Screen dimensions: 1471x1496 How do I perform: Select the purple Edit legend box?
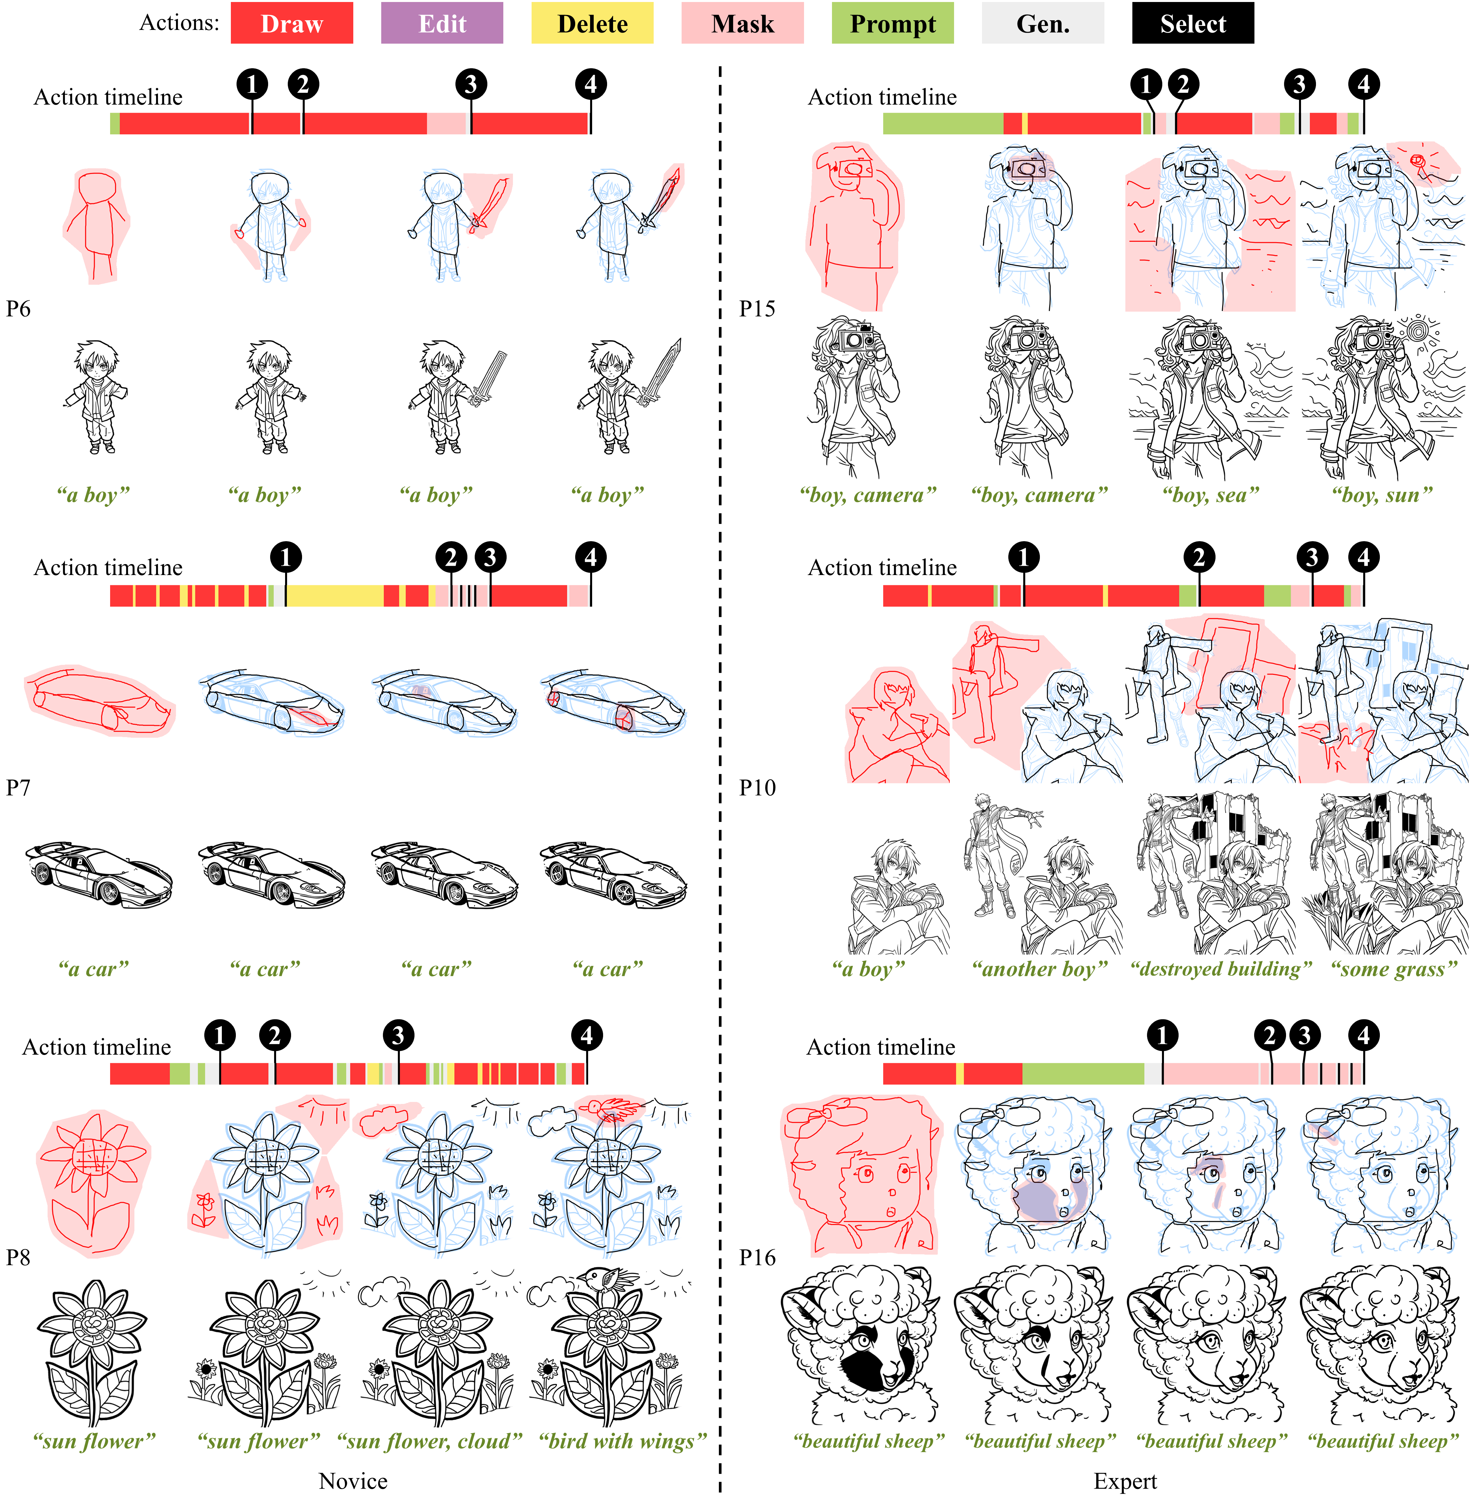click(442, 23)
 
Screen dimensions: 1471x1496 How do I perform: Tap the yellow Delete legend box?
click(592, 23)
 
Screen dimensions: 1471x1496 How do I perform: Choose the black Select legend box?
click(1193, 23)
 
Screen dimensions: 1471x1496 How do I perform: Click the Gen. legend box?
click(1043, 23)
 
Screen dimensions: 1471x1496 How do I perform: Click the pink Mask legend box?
click(742, 23)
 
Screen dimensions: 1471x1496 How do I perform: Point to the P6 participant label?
click(19, 309)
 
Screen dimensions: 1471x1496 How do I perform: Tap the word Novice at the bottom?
click(353, 1481)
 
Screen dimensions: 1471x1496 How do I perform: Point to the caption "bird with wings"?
click(623, 1441)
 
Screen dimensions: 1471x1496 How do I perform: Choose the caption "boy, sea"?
click(1211, 495)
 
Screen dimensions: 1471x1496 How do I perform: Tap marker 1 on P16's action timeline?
click(1162, 1036)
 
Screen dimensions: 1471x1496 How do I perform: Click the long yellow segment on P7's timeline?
click(335, 595)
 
